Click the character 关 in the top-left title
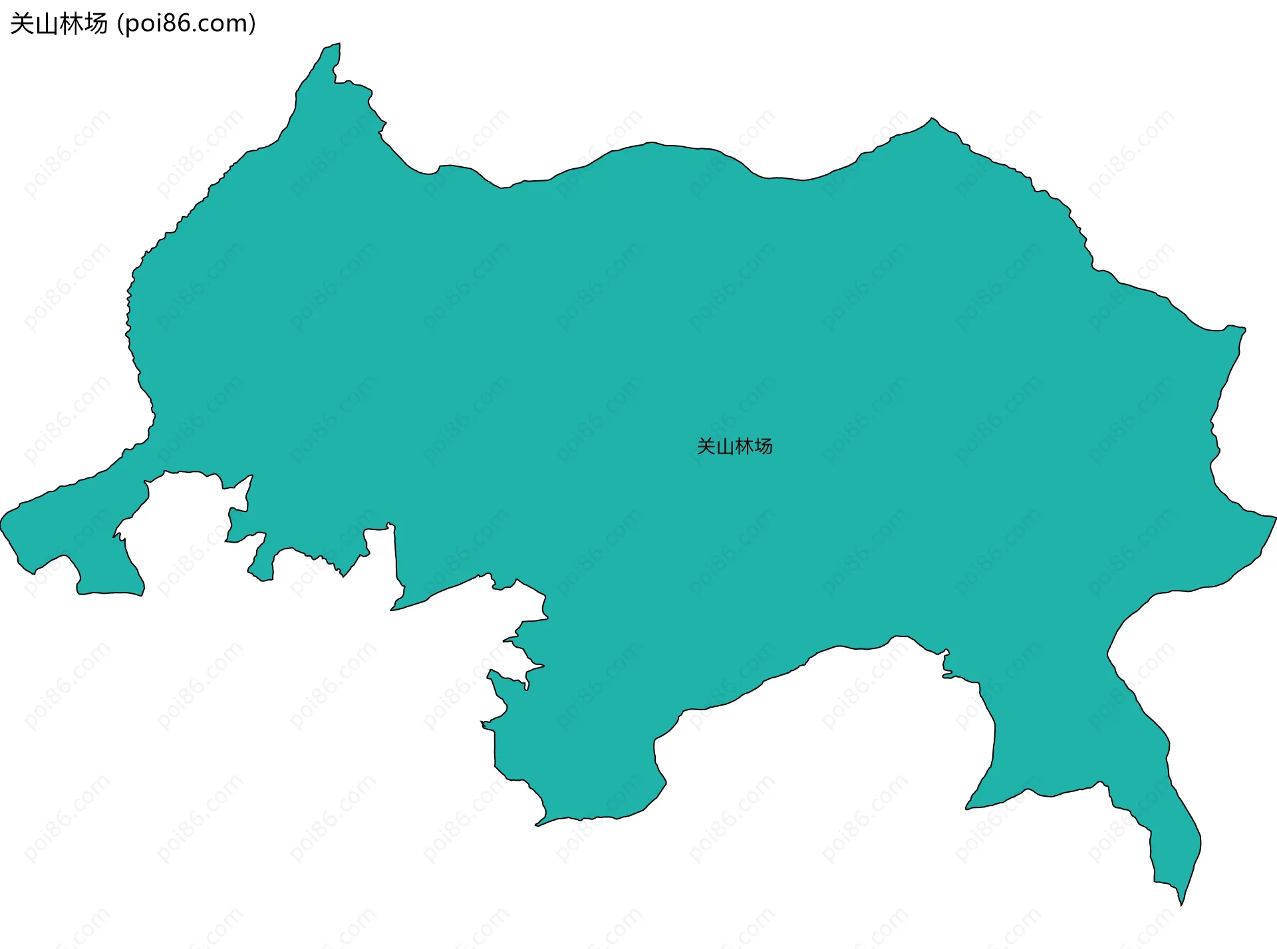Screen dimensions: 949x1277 [22, 24]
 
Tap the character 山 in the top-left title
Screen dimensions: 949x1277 [47, 24]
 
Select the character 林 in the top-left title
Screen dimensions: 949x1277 [71, 24]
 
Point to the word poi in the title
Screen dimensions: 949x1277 [143, 24]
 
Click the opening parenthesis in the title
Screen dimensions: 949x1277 [120, 24]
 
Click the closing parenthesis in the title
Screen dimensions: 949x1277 [252, 24]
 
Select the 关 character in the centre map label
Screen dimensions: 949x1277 [706, 446]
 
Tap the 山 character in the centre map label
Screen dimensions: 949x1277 [725, 446]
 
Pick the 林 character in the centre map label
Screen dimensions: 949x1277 [744, 446]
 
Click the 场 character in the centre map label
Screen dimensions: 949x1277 [764, 446]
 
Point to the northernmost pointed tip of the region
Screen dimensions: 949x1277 [339, 45]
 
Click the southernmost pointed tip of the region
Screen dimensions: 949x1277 [1181, 904]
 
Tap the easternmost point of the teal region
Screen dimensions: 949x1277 [1275, 517]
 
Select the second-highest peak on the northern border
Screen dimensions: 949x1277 [932, 119]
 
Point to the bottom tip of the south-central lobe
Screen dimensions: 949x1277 [537, 825]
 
